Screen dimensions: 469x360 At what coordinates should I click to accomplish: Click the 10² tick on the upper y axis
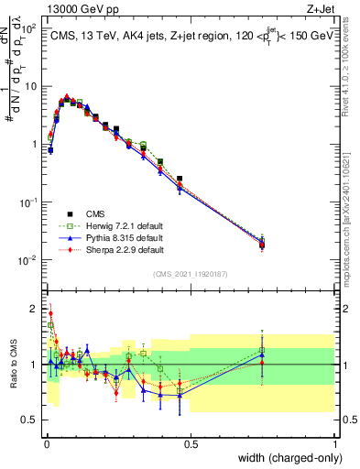tap(29, 28)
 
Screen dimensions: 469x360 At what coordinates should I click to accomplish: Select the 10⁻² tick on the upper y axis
tap(28, 259)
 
